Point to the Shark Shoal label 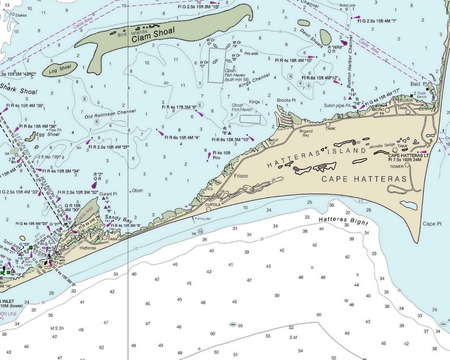click(18, 88)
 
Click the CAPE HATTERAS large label click(364, 179)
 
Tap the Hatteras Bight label click(343, 222)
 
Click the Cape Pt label click(432, 224)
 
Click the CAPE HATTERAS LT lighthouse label click(409, 155)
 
